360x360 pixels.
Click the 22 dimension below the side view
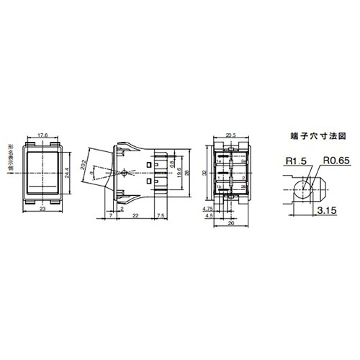[135, 215]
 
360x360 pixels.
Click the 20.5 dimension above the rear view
[231, 134]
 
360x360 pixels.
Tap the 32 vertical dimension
[204, 174]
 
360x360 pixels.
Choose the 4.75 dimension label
[208, 207]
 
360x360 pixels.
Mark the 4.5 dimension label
[209, 215]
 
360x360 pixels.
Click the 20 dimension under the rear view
[230, 224]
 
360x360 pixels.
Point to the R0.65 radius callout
[336, 163]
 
